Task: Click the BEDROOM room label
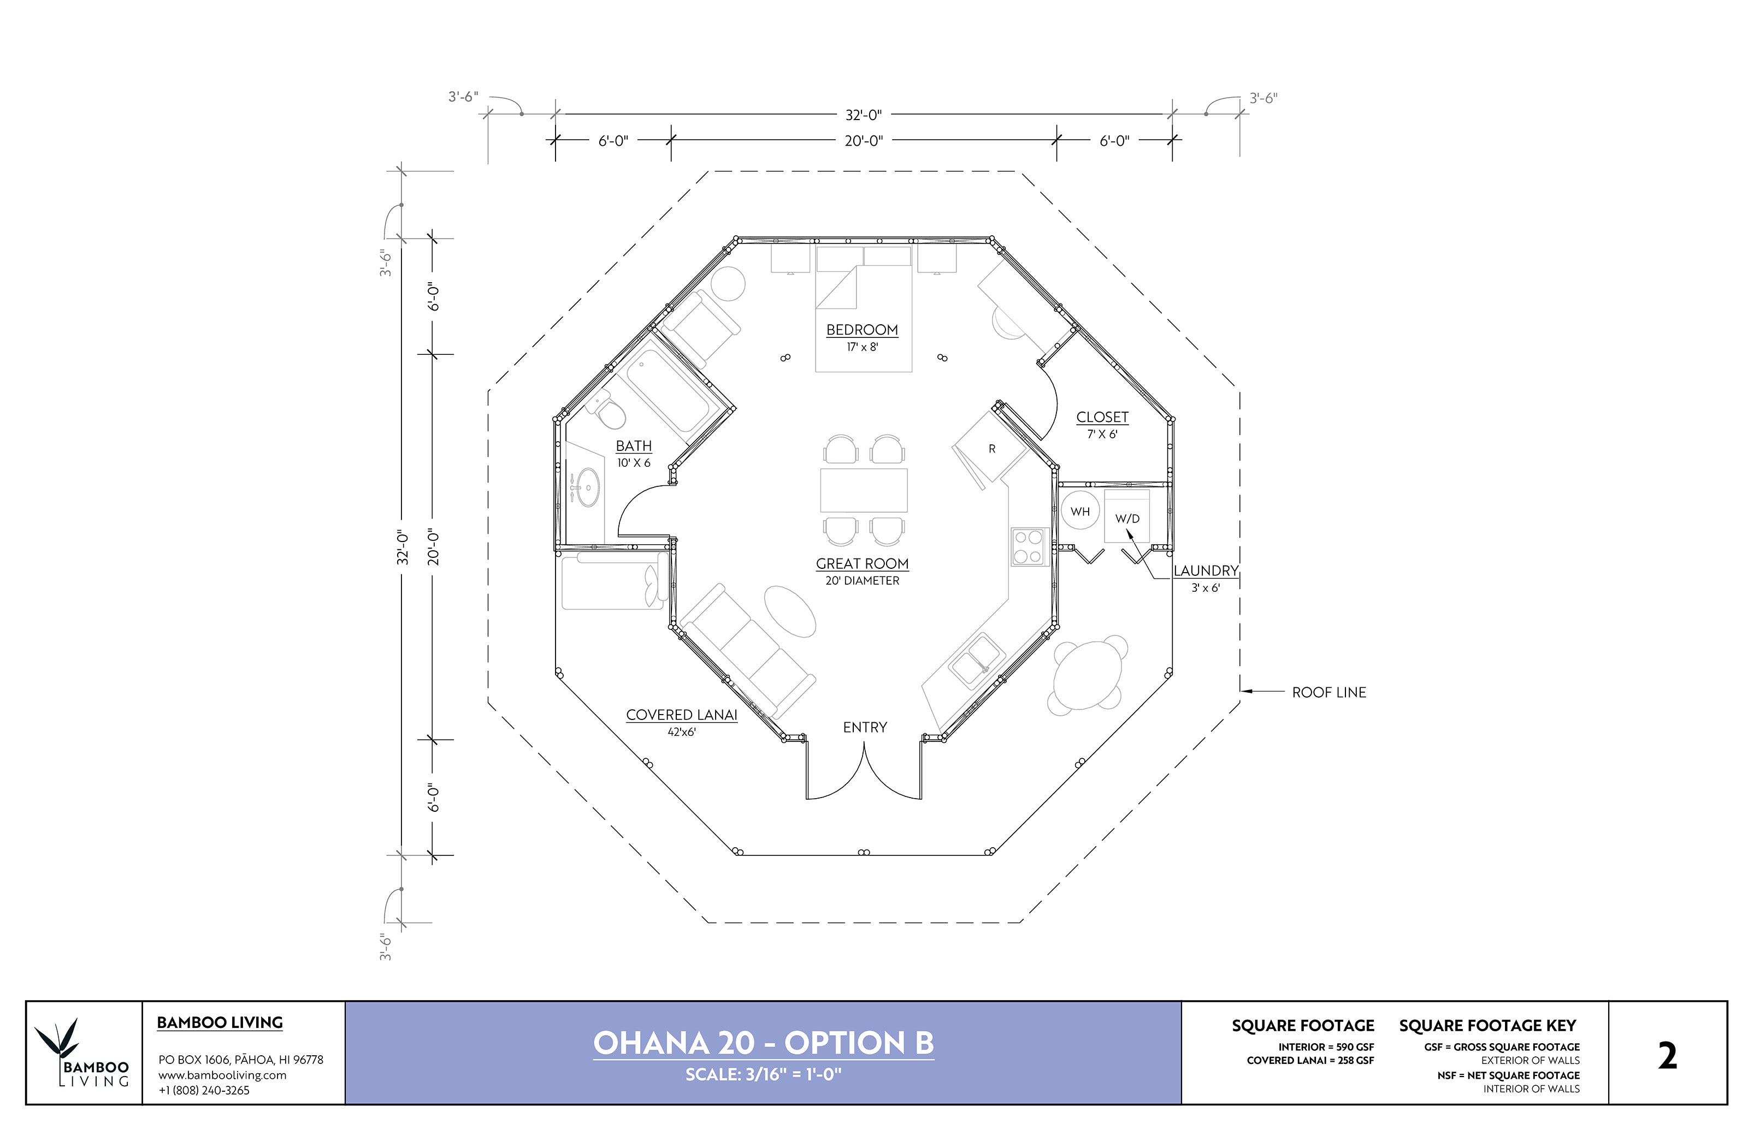(862, 330)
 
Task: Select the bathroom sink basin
(587, 486)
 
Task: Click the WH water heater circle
(1079, 512)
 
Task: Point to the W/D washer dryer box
(1127, 518)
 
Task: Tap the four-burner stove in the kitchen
(1029, 546)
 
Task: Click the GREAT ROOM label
(862, 563)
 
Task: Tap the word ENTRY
(864, 727)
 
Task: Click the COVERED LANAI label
(681, 715)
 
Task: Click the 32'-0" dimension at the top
(864, 115)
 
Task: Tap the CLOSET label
(1102, 417)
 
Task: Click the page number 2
(1667, 1057)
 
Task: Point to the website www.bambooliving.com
(222, 1075)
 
